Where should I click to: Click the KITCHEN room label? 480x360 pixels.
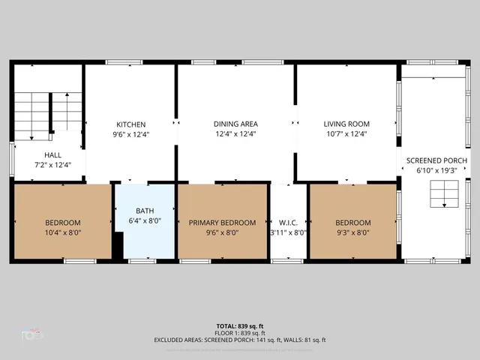[130, 124]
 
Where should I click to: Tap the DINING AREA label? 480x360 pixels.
[235, 124]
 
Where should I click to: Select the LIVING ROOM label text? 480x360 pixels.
[346, 124]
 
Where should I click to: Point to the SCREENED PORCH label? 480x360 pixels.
[436, 161]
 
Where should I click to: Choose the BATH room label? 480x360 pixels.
[145, 211]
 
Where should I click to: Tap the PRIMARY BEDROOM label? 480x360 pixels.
[222, 223]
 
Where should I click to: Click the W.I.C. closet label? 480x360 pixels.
[288, 223]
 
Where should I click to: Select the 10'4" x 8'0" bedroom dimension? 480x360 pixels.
[63, 232]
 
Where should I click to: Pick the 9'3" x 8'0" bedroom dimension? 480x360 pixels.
[352, 232]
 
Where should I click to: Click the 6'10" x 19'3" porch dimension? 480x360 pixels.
[436, 171]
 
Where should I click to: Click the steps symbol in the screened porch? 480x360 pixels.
[442, 196]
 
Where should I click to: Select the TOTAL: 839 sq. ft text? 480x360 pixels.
[240, 326]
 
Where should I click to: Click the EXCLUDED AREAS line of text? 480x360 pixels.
[240, 340]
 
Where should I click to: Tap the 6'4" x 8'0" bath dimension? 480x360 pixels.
[145, 220]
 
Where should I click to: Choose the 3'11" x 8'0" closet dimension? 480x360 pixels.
[288, 232]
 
